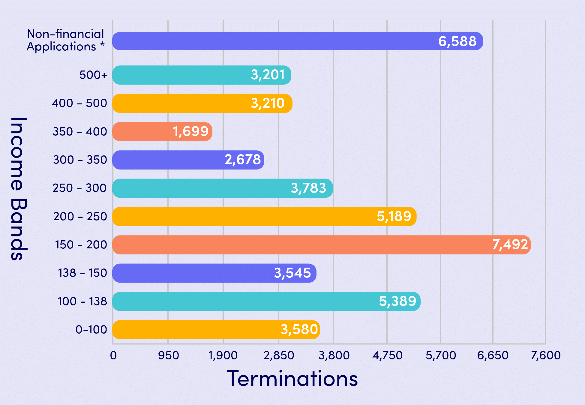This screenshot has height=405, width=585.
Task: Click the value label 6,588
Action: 457,41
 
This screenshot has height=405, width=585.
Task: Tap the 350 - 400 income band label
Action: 80,131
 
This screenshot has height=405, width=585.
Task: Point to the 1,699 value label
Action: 190,131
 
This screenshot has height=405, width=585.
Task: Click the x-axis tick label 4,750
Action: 387,355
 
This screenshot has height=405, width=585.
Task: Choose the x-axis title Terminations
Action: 292,379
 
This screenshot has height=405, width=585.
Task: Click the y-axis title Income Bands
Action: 19,189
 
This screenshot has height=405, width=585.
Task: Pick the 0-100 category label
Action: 91,330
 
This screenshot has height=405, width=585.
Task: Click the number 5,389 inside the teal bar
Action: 397,301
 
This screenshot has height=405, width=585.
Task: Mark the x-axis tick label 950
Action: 168,355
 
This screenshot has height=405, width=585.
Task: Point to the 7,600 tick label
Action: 545,355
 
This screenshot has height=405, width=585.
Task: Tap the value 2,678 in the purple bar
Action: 243,160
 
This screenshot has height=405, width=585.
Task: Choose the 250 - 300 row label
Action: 79,188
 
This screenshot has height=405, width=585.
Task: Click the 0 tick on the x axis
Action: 113,355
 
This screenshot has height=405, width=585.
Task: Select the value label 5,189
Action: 394,216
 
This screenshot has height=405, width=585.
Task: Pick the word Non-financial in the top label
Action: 65,34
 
